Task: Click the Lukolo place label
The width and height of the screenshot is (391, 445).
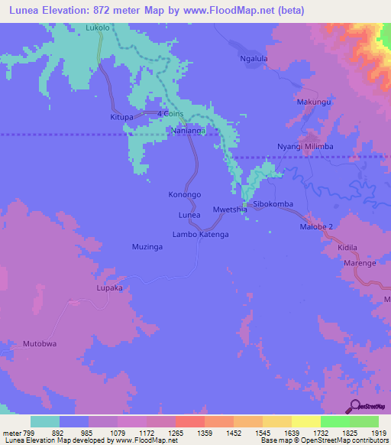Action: click(x=98, y=28)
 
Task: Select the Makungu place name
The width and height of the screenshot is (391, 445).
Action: click(x=313, y=102)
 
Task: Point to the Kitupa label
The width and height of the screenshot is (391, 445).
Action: click(x=122, y=118)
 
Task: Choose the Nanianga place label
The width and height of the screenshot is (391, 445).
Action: click(x=190, y=131)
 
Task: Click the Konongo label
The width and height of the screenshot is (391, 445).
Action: click(x=185, y=194)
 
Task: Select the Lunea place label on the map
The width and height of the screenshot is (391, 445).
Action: click(x=189, y=216)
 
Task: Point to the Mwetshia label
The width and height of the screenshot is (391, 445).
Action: click(x=230, y=209)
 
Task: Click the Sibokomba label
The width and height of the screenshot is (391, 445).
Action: click(x=273, y=205)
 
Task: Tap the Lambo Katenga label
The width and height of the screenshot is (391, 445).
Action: click(x=201, y=235)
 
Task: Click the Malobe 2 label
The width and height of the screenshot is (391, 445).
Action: click(x=316, y=227)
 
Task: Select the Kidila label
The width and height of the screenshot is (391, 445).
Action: click(x=347, y=249)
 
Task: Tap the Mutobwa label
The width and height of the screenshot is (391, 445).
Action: click(x=40, y=344)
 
